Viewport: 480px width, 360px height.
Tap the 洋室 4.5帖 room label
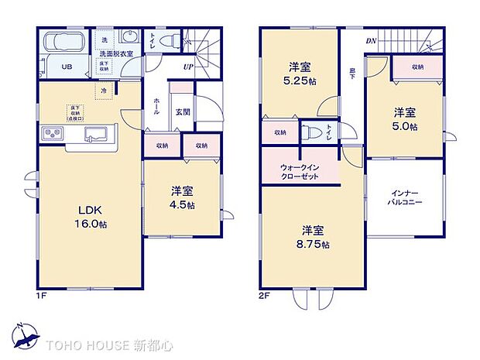(183, 198)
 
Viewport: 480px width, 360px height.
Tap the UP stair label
(188, 67)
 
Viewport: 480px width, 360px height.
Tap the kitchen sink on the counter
(97, 132)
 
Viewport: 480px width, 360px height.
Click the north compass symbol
(26, 337)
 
